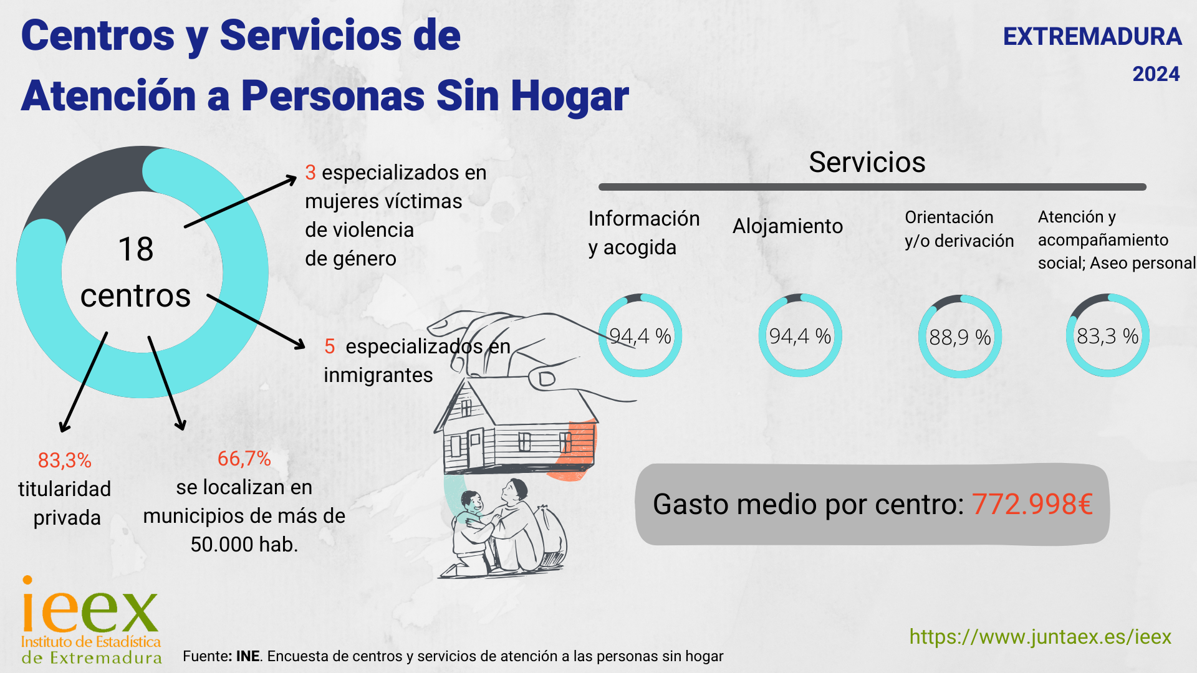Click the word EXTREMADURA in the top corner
tap(1092, 37)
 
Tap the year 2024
tap(1156, 74)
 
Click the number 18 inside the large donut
tap(136, 249)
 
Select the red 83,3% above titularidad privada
tap(64, 461)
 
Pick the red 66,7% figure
tap(244, 459)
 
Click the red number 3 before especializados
tap(310, 173)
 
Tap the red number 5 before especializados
tap(330, 346)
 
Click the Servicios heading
tap(867, 163)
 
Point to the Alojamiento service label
tap(787, 226)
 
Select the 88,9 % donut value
tap(960, 338)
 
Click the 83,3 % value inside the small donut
tap(1108, 336)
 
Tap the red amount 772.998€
tap(1032, 504)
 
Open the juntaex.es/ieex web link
tap(1040, 637)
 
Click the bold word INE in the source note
tap(248, 656)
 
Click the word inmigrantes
tap(378, 375)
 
